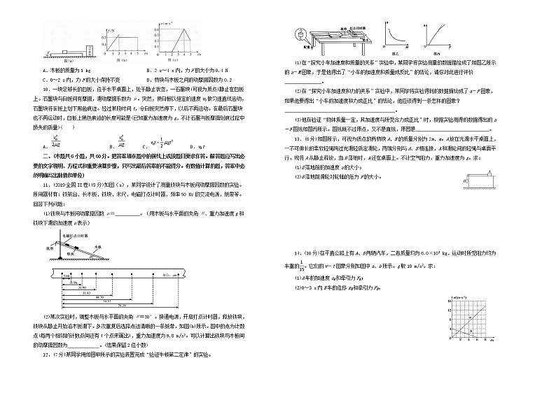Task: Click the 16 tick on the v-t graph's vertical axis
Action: pyautogui.click(x=446, y=299)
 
